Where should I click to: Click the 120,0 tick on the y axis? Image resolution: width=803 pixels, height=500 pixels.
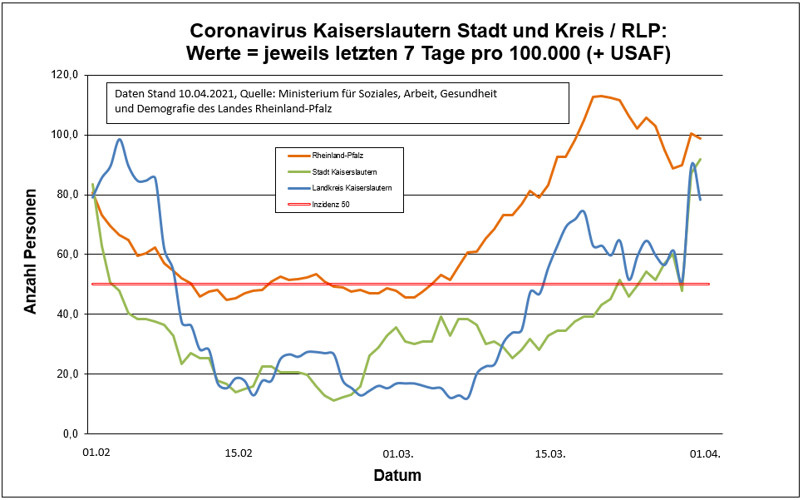[65, 75]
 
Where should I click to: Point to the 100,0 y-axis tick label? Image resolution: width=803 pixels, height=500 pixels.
[65, 135]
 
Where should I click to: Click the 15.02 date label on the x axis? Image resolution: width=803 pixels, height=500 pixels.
[239, 454]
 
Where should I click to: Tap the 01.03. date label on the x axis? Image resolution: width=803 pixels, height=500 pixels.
[397, 454]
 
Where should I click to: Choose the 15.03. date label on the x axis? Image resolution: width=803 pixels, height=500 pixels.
[549, 454]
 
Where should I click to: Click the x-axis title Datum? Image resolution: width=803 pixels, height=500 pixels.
[397, 477]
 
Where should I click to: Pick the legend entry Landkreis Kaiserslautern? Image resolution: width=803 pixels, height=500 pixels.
[347, 187]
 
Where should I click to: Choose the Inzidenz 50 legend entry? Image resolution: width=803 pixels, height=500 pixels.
[331, 203]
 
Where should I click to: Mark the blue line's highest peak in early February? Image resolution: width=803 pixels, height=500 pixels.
[120, 139]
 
